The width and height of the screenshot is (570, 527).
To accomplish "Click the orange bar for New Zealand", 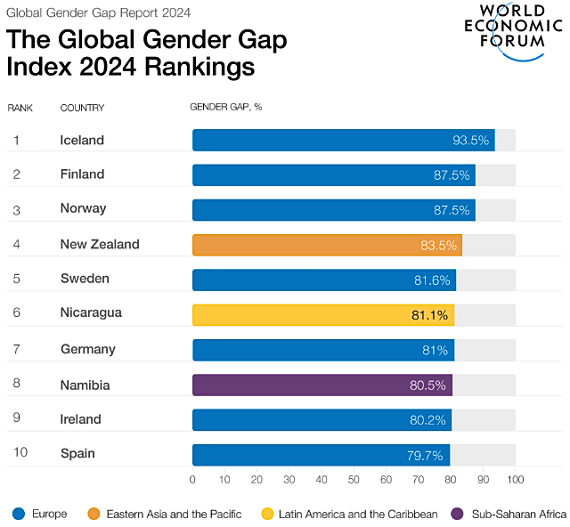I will (x=327, y=245).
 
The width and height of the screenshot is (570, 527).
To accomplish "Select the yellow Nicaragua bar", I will (x=323, y=314).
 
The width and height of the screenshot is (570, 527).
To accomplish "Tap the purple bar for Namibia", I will (x=322, y=385).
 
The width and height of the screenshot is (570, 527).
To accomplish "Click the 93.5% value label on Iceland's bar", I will (x=470, y=141).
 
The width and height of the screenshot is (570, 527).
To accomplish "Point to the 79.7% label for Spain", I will (x=425, y=455).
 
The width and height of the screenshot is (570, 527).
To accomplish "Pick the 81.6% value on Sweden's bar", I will (x=432, y=280).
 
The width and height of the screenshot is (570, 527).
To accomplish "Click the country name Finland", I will (x=82, y=174).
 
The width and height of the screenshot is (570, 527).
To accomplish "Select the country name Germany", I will (x=86, y=349).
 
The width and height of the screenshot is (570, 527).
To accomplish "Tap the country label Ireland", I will (x=80, y=419).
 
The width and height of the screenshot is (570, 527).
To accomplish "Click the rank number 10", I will (x=20, y=454).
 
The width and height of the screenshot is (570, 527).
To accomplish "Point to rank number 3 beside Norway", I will (x=17, y=209).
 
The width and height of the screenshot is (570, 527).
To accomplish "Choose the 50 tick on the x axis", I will (x=354, y=480).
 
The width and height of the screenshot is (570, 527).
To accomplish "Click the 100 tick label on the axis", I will (x=515, y=480).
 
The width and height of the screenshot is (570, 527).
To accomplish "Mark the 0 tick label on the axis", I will (x=192, y=480).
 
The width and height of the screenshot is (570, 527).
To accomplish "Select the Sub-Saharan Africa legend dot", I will (x=458, y=514).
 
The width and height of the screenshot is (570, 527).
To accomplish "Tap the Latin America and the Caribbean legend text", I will (x=358, y=514).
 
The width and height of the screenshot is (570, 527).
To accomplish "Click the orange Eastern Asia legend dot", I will (x=94, y=514).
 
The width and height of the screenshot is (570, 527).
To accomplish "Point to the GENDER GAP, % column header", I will (x=226, y=108).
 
